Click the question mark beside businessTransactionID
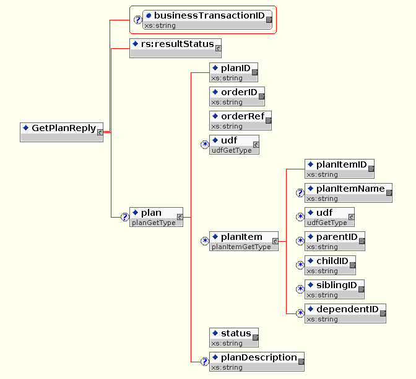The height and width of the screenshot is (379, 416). pyautogui.click(x=138, y=20)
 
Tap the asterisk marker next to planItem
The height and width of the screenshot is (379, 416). pyautogui.click(x=205, y=241)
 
